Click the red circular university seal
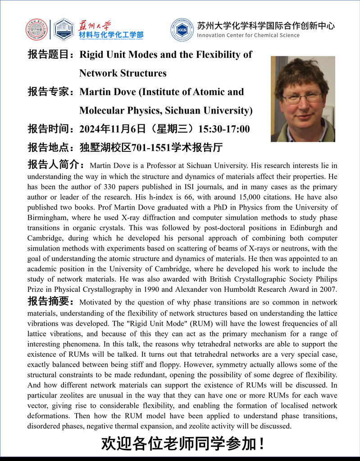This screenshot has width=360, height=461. (36, 29)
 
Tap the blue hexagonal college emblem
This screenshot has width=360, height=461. (64, 29)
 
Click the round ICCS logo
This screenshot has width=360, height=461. (181, 29)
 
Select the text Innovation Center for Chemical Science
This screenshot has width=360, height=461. (248, 35)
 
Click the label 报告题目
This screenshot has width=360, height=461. (49, 55)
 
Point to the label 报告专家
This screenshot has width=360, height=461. (49, 92)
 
